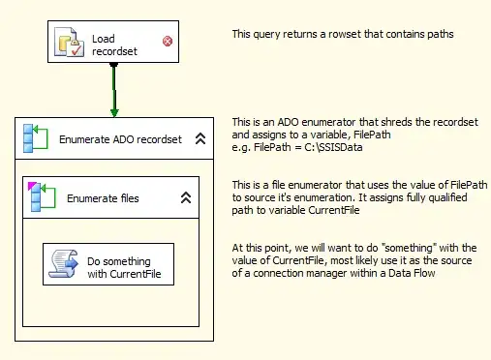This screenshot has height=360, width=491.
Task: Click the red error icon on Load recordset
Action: [x=168, y=41]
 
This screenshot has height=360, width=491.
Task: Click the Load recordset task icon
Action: [x=71, y=42]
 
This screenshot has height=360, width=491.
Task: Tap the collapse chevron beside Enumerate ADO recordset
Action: [x=199, y=139]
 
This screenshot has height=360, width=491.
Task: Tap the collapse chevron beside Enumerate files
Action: [x=186, y=198]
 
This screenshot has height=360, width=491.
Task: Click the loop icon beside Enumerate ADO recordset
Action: [x=36, y=138]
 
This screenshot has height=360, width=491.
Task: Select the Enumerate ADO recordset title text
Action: [x=120, y=139]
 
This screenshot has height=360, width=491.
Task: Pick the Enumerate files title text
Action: [x=102, y=198]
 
